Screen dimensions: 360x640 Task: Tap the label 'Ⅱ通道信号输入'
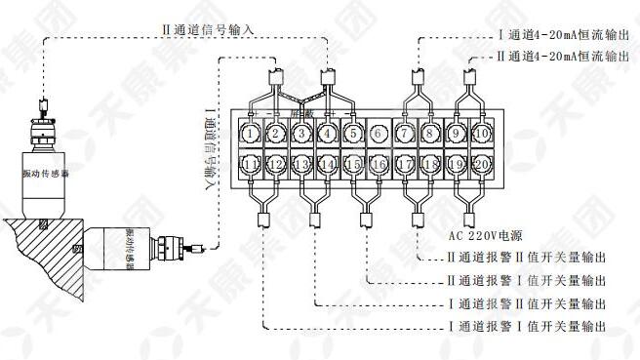207,30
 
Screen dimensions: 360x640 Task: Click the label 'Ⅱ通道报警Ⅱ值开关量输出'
528,260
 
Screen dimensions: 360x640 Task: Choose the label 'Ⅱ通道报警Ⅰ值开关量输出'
528,282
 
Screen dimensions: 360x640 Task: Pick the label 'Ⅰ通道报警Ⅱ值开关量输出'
528,303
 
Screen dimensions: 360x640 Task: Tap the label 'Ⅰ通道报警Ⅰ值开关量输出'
528,325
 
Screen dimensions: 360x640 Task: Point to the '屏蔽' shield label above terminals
300,114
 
